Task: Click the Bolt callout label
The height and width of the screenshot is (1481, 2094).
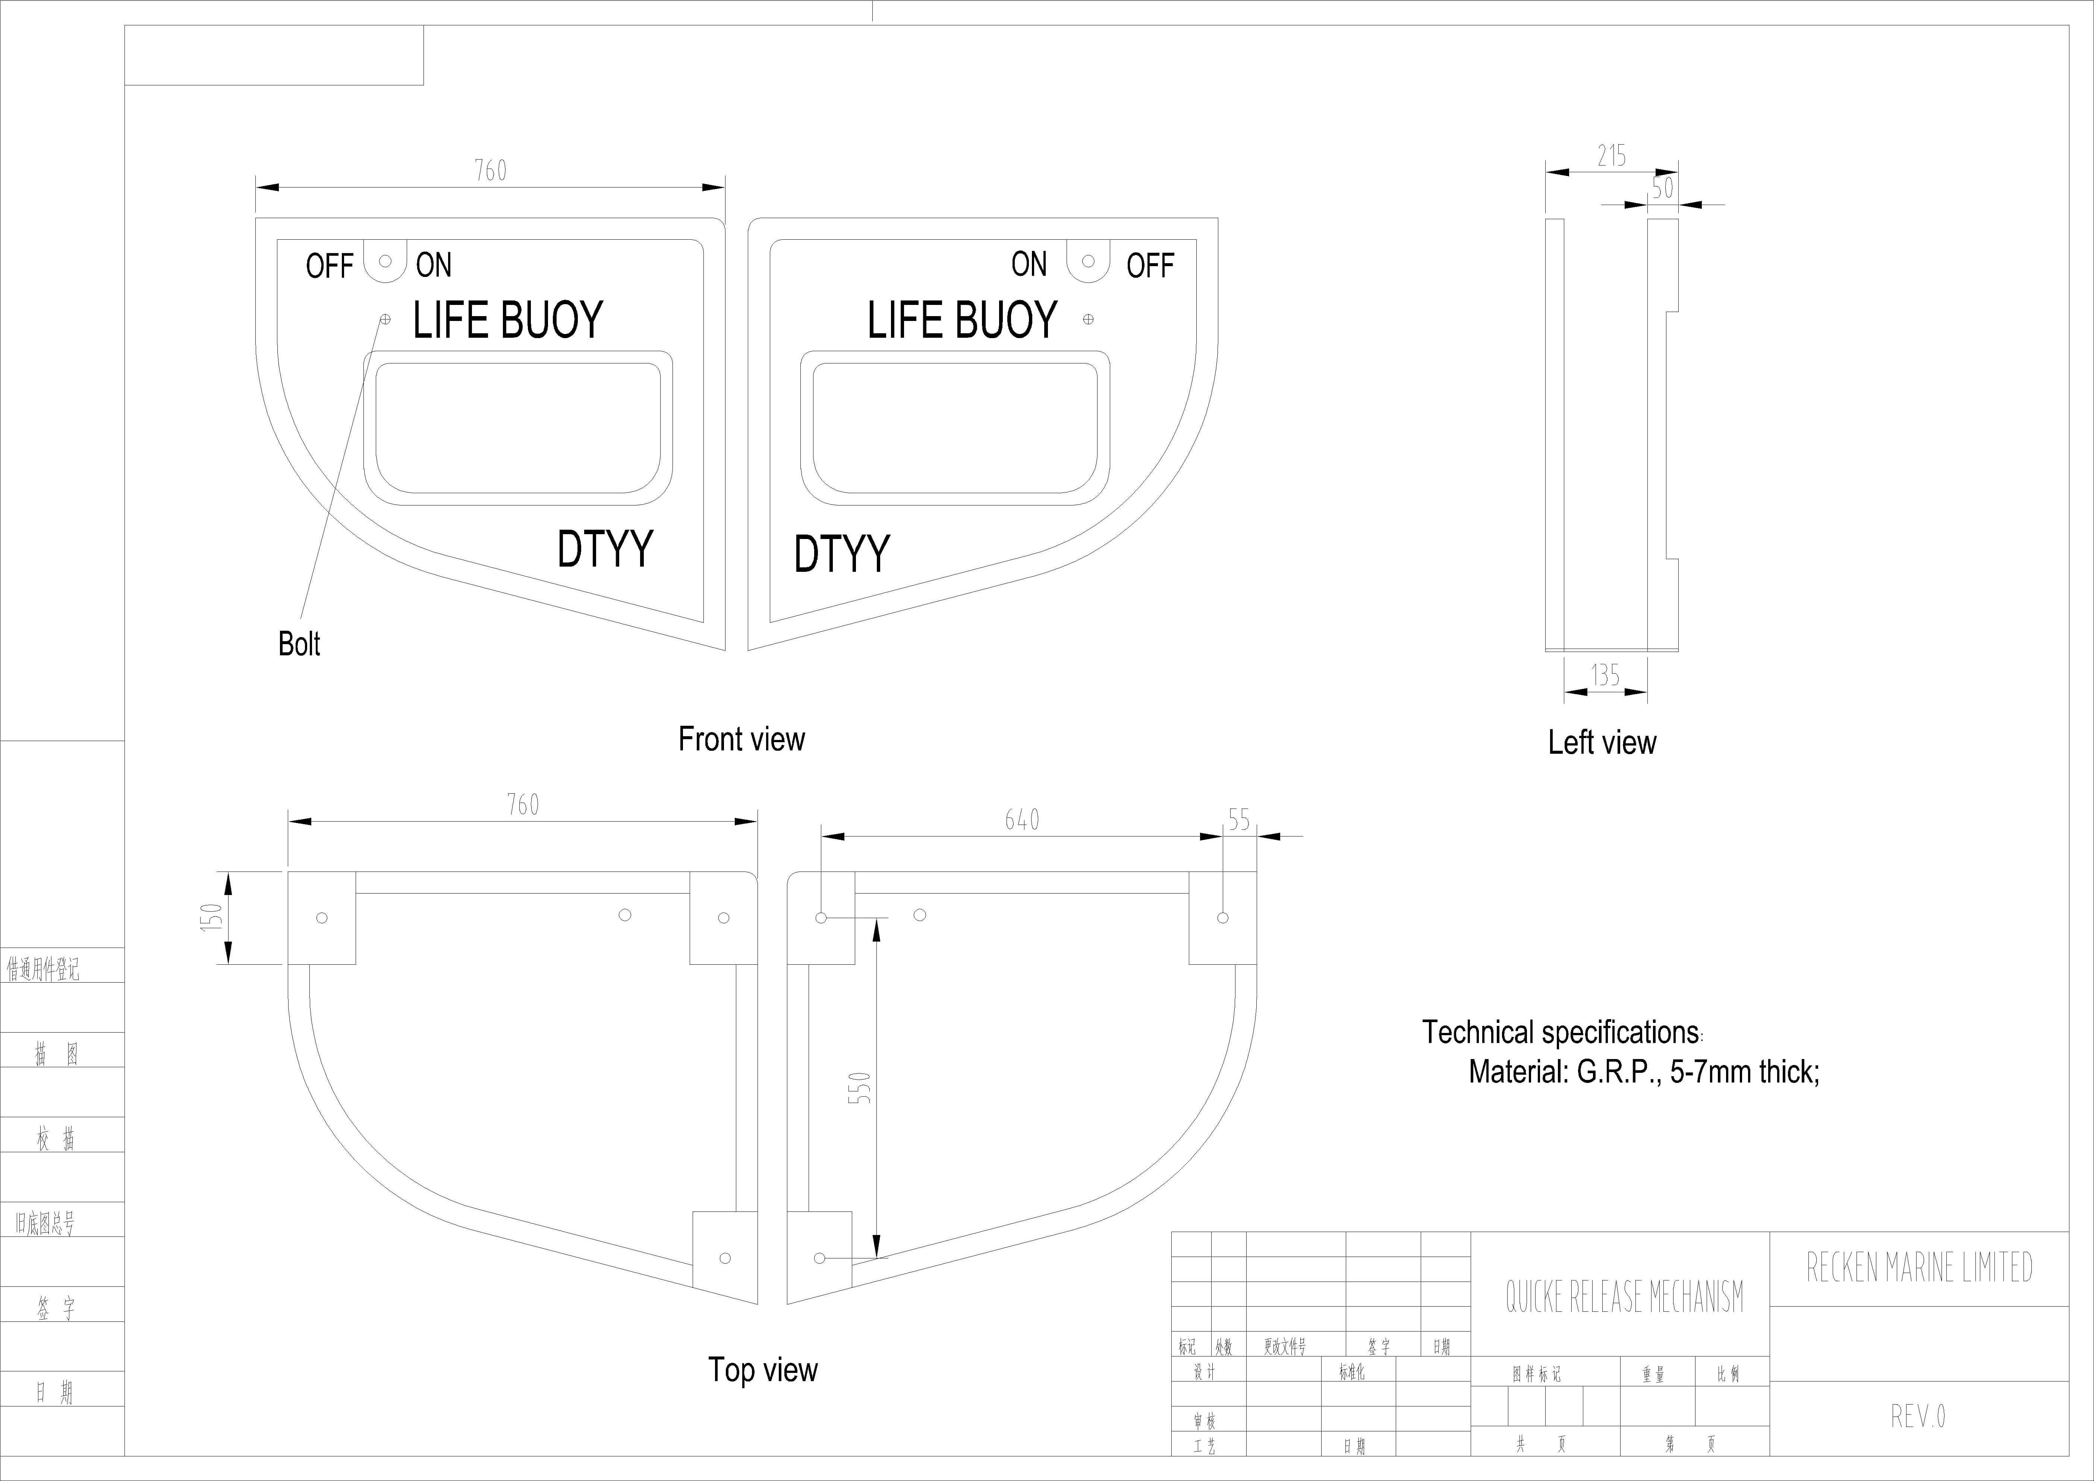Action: click(x=299, y=644)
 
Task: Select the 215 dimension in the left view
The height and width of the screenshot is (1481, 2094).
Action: click(x=1612, y=156)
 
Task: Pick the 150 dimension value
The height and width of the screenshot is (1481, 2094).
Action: click(x=211, y=917)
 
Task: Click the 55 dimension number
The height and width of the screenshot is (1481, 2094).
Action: click(x=1238, y=820)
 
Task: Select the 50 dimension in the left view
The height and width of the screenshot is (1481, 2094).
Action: click(x=1663, y=188)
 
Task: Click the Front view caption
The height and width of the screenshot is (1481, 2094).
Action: click(x=741, y=739)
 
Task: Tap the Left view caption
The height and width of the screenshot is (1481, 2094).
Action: click(x=1602, y=742)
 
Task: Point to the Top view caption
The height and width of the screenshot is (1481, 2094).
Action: click(x=762, y=1370)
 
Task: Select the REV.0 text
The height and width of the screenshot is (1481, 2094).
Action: click(x=1918, y=1416)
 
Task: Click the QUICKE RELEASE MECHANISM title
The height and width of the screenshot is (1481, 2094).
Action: click(x=1624, y=1297)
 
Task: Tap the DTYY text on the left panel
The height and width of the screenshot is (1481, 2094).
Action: click(x=605, y=548)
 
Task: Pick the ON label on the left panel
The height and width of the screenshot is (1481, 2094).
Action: click(x=433, y=265)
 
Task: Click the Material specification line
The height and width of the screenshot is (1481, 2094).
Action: click(x=1643, y=1072)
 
